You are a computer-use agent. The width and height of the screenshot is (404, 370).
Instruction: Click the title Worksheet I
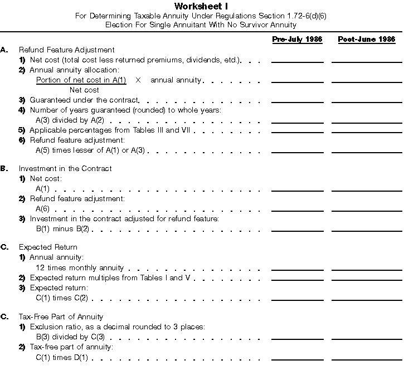point(201,6)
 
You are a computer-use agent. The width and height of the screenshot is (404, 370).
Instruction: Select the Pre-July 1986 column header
point(297,40)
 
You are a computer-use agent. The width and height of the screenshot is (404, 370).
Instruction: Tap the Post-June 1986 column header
point(367,40)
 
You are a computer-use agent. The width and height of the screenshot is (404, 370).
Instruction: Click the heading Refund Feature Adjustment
point(66,50)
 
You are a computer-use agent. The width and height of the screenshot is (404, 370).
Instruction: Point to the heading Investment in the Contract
point(65,168)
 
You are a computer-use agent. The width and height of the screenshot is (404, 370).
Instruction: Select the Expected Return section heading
point(48,247)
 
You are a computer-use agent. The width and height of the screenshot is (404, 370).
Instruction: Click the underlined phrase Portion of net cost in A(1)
point(81,80)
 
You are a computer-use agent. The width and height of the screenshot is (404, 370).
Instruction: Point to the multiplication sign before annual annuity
point(138,80)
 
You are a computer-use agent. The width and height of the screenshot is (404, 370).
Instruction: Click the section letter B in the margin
point(4,168)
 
